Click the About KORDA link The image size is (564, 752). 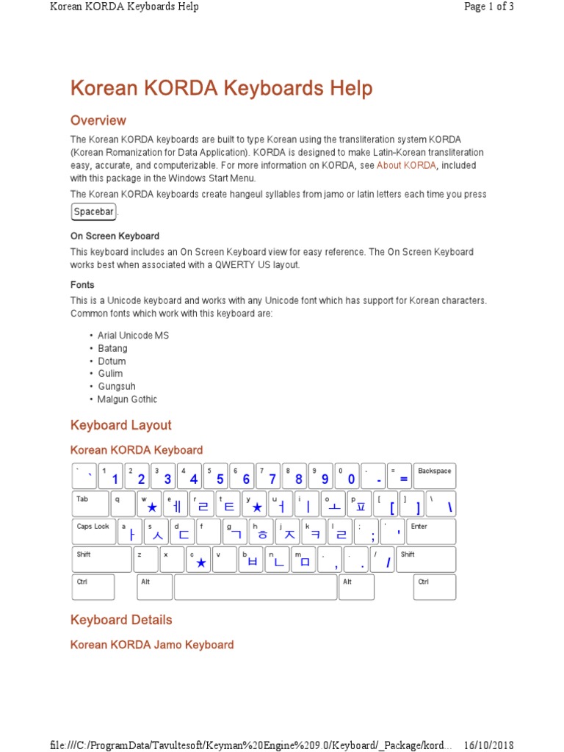coord(407,165)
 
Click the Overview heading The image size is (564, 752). coord(98,120)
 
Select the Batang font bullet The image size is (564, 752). coord(112,348)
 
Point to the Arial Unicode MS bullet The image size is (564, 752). coord(133,335)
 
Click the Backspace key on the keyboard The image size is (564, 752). coord(434,476)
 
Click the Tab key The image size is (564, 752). coord(90,503)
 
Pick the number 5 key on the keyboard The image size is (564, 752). coord(216,476)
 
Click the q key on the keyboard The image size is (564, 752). coord(122,503)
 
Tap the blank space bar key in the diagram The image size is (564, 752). coord(255,587)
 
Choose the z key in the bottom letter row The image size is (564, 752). coord(145,559)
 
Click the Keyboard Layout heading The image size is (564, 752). coord(120,425)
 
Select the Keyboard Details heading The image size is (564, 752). coord(121,620)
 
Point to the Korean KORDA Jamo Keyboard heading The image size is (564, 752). coord(152,645)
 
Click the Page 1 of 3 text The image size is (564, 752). coord(488,7)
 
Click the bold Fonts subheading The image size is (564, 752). coord(82,285)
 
